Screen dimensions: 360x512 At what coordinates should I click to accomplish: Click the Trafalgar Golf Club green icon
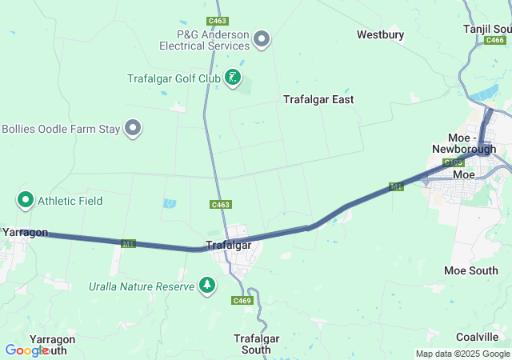232,78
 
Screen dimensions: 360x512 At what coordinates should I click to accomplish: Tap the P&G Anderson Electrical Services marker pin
262,38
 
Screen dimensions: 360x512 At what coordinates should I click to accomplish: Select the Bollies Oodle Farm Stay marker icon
133,128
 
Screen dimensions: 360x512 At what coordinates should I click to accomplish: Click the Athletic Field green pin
26,200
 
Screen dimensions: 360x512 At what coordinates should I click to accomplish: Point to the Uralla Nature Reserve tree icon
207,285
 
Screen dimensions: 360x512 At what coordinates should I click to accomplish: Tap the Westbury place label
380,34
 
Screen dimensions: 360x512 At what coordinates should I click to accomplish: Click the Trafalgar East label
318,99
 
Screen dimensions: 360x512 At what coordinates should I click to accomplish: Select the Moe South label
470,270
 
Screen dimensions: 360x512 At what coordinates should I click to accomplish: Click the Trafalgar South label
256,344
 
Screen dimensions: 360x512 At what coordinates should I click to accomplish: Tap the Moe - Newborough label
464,143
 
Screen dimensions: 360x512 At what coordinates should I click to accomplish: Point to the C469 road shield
242,300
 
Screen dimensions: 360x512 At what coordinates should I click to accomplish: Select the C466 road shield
496,40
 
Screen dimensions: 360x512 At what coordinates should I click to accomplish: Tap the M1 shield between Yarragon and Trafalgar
129,243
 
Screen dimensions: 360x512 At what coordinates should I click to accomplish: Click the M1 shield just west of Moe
396,186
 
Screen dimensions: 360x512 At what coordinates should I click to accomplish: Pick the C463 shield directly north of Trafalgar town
222,205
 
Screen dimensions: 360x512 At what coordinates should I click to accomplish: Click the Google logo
26,350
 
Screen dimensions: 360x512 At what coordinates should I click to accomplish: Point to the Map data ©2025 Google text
462,354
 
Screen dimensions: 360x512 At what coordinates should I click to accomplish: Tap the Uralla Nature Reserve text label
141,286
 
